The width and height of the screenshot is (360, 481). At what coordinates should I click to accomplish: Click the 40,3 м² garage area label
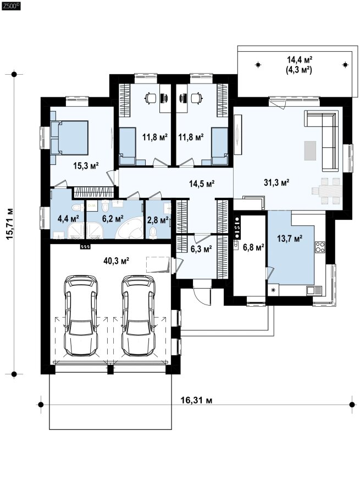(116, 261)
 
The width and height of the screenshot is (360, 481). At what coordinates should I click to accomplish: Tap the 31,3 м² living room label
(276, 183)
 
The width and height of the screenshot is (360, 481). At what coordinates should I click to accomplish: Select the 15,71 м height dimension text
(9, 224)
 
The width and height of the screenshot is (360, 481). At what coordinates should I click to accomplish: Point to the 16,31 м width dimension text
(196, 400)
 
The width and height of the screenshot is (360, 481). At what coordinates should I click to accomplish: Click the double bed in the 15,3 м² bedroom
(69, 137)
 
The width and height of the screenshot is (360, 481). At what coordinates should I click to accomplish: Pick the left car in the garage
(81, 316)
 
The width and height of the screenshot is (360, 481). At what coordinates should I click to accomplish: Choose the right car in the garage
(139, 316)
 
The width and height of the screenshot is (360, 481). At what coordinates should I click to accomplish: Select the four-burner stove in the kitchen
(320, 247)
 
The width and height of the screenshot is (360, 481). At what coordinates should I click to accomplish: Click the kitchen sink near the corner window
(314, 290)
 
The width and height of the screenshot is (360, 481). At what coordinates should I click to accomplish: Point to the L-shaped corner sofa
(323, 140)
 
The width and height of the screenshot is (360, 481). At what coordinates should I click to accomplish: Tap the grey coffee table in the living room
(310, 150)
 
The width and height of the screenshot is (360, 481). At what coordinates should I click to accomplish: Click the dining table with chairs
(327, 191)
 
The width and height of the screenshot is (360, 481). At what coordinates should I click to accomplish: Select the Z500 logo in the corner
(11, 5)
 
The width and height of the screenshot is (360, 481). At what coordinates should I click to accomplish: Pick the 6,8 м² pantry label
(253, 247)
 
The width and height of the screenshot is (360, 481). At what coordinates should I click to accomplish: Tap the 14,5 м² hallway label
(202, 184)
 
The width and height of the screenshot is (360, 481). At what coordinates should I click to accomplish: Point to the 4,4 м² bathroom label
(68, 218)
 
